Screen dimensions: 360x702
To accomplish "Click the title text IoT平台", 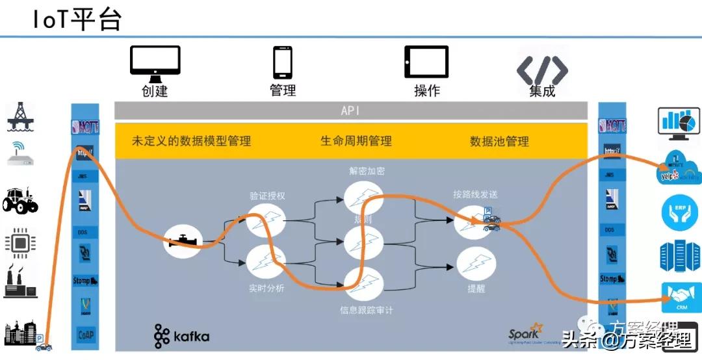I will pos(77,19).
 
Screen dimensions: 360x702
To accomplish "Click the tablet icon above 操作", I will pos(426,62).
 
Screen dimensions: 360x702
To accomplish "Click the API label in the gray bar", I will pos(350,111).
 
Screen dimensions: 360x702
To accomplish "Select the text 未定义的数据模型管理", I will pos(191,141).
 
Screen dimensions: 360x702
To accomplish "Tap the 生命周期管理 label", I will pos(356,141).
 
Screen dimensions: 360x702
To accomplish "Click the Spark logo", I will pos(525,333).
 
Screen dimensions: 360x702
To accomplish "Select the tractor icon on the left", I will pos(20,201).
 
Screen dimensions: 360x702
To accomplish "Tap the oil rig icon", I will pos(20,116).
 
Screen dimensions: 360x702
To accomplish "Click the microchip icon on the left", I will pos(20,242).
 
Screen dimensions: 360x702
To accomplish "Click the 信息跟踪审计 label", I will pos(367,311).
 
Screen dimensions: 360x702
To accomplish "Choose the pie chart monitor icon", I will pos(680,123).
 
